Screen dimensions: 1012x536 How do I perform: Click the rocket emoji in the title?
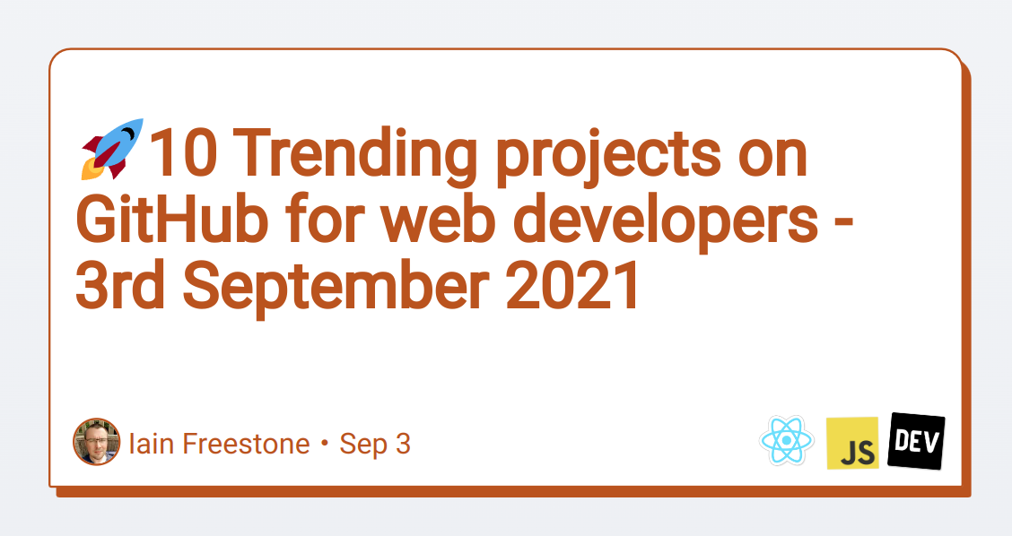pos(112,149)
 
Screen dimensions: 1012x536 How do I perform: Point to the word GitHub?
pos(172,219)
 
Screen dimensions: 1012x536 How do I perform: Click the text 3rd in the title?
pos(121,284)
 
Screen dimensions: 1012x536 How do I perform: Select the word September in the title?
pos(336,288)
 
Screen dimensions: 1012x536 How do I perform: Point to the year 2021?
pos(571,284)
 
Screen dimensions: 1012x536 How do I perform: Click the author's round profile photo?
pos(97,442)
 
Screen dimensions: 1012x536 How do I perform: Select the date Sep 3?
pos(375,444)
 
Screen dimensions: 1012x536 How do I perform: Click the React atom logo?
pos(787,440)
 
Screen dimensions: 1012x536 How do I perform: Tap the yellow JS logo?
pos(852,443)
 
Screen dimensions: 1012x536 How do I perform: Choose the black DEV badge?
pos(917,441)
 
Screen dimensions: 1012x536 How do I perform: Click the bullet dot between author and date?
pos(325,445)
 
